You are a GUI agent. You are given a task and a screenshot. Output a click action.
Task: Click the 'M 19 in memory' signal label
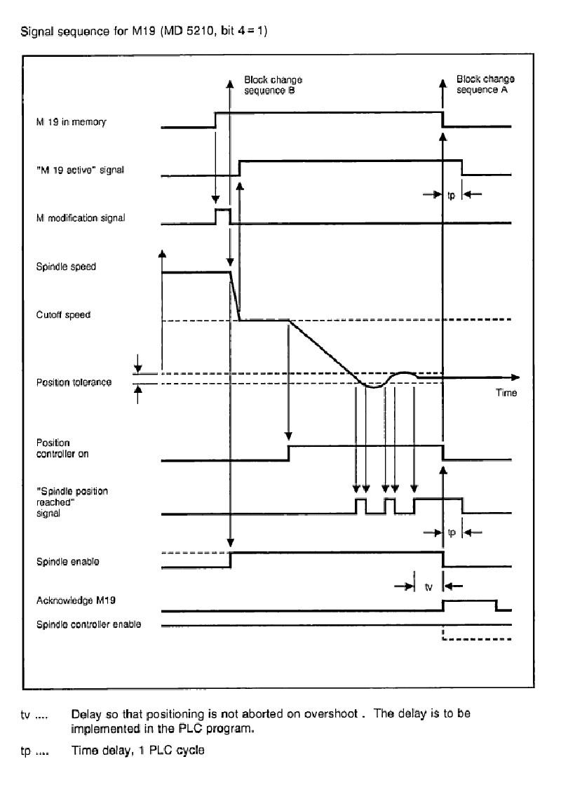[x=72, y=122]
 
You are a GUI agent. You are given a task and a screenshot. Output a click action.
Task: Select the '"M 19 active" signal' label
[x=80, y=170]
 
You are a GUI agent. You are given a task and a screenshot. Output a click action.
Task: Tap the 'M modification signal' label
[x=80, y=218]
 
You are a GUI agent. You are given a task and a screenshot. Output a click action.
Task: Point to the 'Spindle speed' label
[x=66, y=267]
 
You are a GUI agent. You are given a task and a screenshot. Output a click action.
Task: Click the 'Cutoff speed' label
[x=63, y=315]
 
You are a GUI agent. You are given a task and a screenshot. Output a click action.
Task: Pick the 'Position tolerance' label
[x=74, y=382]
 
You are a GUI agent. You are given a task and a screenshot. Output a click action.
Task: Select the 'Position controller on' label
[x=62, y=448]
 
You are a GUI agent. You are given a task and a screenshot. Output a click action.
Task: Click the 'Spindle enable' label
[x=67, y=562]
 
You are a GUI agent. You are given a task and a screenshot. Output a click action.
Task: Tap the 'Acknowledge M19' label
[x=76, y=600]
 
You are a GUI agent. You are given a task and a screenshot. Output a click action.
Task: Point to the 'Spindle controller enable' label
[x=88, y=624]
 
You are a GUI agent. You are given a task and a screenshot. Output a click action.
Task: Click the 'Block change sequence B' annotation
[x=273, y=85]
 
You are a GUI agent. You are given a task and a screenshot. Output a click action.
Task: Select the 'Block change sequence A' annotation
[x=485, y=84]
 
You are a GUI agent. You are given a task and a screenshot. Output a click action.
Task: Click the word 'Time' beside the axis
[x=506, y=392]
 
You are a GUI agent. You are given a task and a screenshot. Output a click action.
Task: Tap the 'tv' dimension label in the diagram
[x=428, y=587]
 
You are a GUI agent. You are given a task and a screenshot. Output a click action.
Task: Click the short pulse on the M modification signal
[x=223, y=215]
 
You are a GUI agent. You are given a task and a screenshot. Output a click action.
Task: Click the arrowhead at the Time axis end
[x=515, y=377]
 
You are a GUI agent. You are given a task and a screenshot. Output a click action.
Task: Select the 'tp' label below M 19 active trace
[x=451, y=195]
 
